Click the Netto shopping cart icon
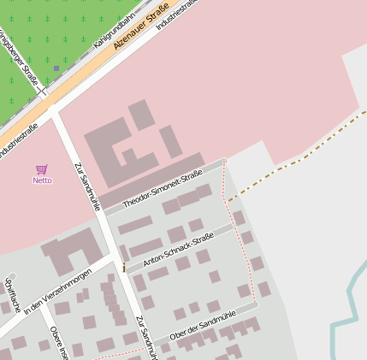[x=42, y=170]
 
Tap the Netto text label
[x=42, y=180]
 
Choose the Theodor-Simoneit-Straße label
[x=162, y=188]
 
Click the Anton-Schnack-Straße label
[x=180, y=253]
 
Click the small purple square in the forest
[x=56, y=68]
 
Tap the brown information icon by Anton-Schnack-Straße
[x=124, y=268]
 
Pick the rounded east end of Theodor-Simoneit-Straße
[x=223, y=162]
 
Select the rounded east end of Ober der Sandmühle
[x=255, y=304]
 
